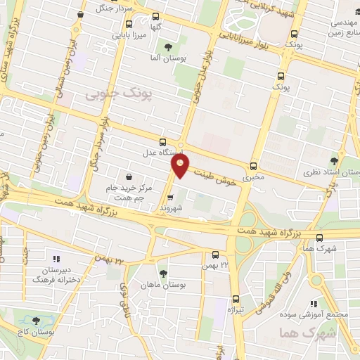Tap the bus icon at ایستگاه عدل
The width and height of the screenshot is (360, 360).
pos(163,141)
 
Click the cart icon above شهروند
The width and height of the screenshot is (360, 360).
pos(169,198)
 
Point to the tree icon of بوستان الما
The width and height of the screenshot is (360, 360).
pos(167,47)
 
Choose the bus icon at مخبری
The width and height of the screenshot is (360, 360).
pos(253,167)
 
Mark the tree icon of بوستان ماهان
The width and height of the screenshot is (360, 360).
pos(163,274)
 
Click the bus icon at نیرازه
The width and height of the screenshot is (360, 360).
pos(236,297)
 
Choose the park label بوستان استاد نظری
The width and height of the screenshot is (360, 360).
pos(330,172)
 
